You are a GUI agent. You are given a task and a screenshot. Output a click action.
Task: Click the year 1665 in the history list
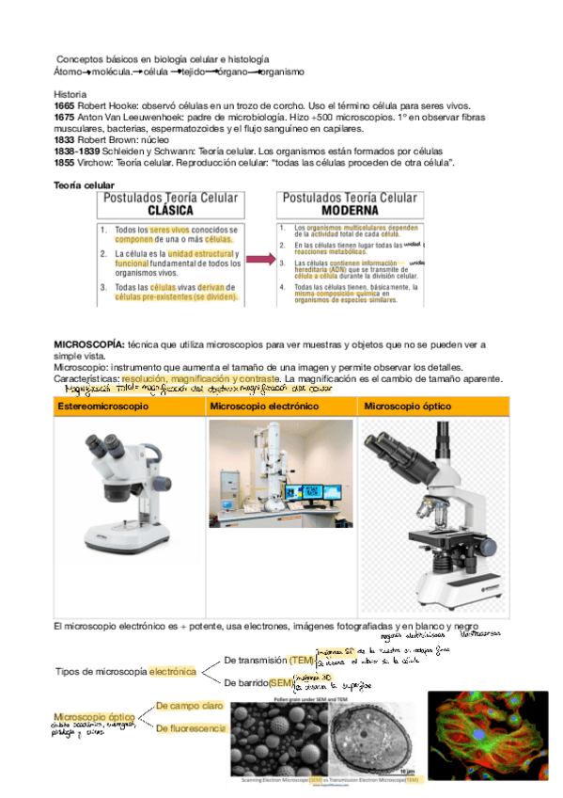pyautogui.click(x=66, y=106)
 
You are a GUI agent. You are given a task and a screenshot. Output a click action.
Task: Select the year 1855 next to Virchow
pyautogui.click(x=66, y=163)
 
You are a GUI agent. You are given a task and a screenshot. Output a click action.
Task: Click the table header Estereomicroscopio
pyautogui.click(x=103, y=406)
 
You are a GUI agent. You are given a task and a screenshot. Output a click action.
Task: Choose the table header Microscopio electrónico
pyautogui.click(x=264, y=406)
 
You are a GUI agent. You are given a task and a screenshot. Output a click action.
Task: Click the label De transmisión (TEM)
pyautogui.click(x=269, y=660)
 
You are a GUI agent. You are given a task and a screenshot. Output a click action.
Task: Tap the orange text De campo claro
pyautogui.click(x=189, y=705)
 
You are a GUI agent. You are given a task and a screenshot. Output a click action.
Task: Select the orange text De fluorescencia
pyautogui.click(x=191, y=728)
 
